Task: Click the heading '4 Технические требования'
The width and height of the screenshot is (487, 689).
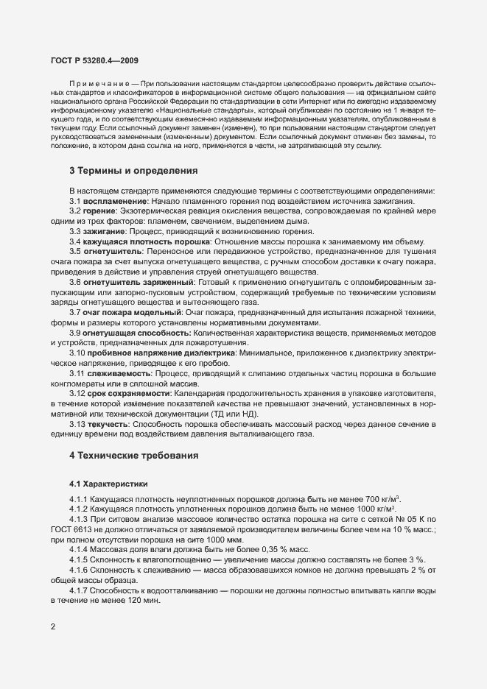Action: click(x=134, y=456)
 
